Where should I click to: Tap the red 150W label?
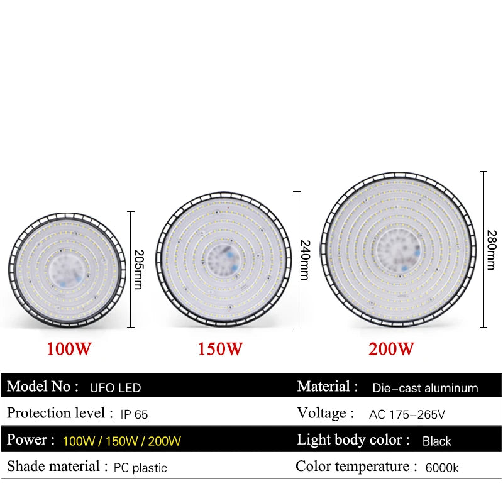(220, 349)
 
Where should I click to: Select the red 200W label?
(392, 349)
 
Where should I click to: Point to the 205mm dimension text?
(138, 269)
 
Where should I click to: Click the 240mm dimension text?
(304, 260)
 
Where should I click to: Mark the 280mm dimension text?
(492, 248)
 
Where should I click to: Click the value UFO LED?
(116, 388)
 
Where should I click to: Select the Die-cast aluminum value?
(425, 388)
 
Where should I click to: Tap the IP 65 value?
(134, 414)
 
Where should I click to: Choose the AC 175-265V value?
(407, 414)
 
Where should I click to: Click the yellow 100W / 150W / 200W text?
(122, 441)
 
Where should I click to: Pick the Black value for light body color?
(437, 441)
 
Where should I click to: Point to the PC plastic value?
(141, 468)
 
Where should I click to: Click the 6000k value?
(441, 468)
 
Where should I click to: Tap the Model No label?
(43, 387)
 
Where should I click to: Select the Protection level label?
(56, 413)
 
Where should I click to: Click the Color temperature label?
(357, 467)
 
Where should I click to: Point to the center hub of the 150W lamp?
(223, 258)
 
